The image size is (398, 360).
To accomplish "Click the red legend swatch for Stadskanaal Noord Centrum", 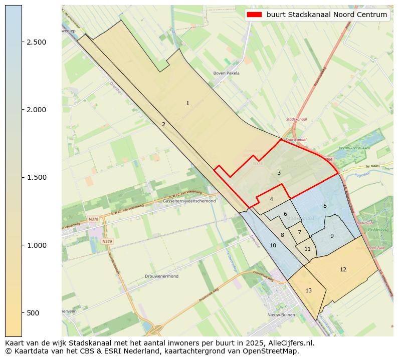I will pyautogui.click(x=255, y=15).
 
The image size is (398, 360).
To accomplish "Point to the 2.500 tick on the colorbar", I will pyautogui.click(x=22, y=42).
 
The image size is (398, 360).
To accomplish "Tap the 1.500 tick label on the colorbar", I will pyautogui.click(x=36, y=177).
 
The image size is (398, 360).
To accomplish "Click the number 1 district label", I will pyautogui.click(x=187, y=104).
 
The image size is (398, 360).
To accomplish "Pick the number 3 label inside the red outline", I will pyautogui.click(x=279, y=173).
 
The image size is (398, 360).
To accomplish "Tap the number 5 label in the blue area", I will pyautogui.click(x=325, y=206).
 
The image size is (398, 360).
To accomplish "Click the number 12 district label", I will pyautogui.click(x=343, y=269).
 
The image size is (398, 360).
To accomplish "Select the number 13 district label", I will pyautogui.click(x=308, y=290).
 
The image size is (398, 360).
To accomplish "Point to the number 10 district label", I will pyautogui.click(x=273, y=245).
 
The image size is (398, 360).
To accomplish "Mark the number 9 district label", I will pyautogui.click(x=331, y=236).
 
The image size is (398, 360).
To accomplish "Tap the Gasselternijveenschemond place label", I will pyautogui.click(x=189, y=201).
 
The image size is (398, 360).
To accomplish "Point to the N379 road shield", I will pyautogui.click(x=107, y=241).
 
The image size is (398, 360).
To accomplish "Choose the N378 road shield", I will pyautogui.click(x=94, y=219).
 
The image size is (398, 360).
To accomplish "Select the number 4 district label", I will pyautogui.click(x=271, y=199).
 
